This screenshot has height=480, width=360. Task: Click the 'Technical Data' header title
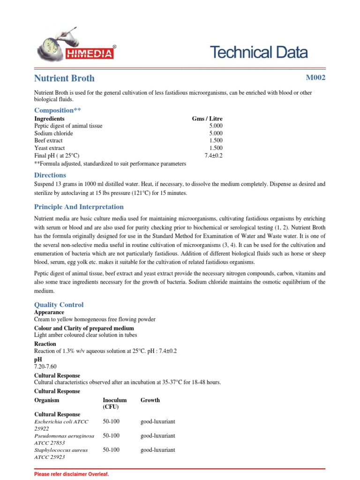pyautogui.click(x=259, y=52)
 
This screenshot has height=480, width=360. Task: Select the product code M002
pyautogui.click(x=315, y=77)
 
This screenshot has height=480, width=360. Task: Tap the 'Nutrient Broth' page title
pyautogui.click(x=64, y=78)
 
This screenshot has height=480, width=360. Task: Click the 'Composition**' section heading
pyautogui.click(x=54, y=110)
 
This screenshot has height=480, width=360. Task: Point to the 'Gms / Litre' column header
pyautogui.click(x=207, y=119)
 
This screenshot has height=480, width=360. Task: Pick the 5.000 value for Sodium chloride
pyautogui.click(x=216, y=133)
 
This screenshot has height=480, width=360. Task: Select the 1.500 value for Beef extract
pyautogui.click(x=216, y=141)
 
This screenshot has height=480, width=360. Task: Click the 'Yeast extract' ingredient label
pyautogui.click(x=50, y=148)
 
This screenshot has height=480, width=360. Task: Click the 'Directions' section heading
pyautogui.click(x=50, y=175)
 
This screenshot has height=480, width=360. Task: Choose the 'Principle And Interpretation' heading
pyautogui.click(x=79, y=207)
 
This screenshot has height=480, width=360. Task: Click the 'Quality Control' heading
pyautogui.click(x=59, y=305)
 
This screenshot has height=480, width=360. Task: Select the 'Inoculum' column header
pyautogui.click(x=115, y=400)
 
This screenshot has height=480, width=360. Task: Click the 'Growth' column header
pyautogui.click(x=150, y=400)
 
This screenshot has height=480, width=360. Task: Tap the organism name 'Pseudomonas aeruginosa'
pyautogui.click(x=65, y=436)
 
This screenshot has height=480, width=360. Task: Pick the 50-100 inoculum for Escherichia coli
pyautogui.click(x=111, y=422)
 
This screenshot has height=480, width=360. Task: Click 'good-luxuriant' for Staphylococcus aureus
pyautogui.click(x=158, y=450)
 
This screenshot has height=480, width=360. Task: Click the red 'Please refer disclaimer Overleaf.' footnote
pyautogui.click(x=72, y=474)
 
